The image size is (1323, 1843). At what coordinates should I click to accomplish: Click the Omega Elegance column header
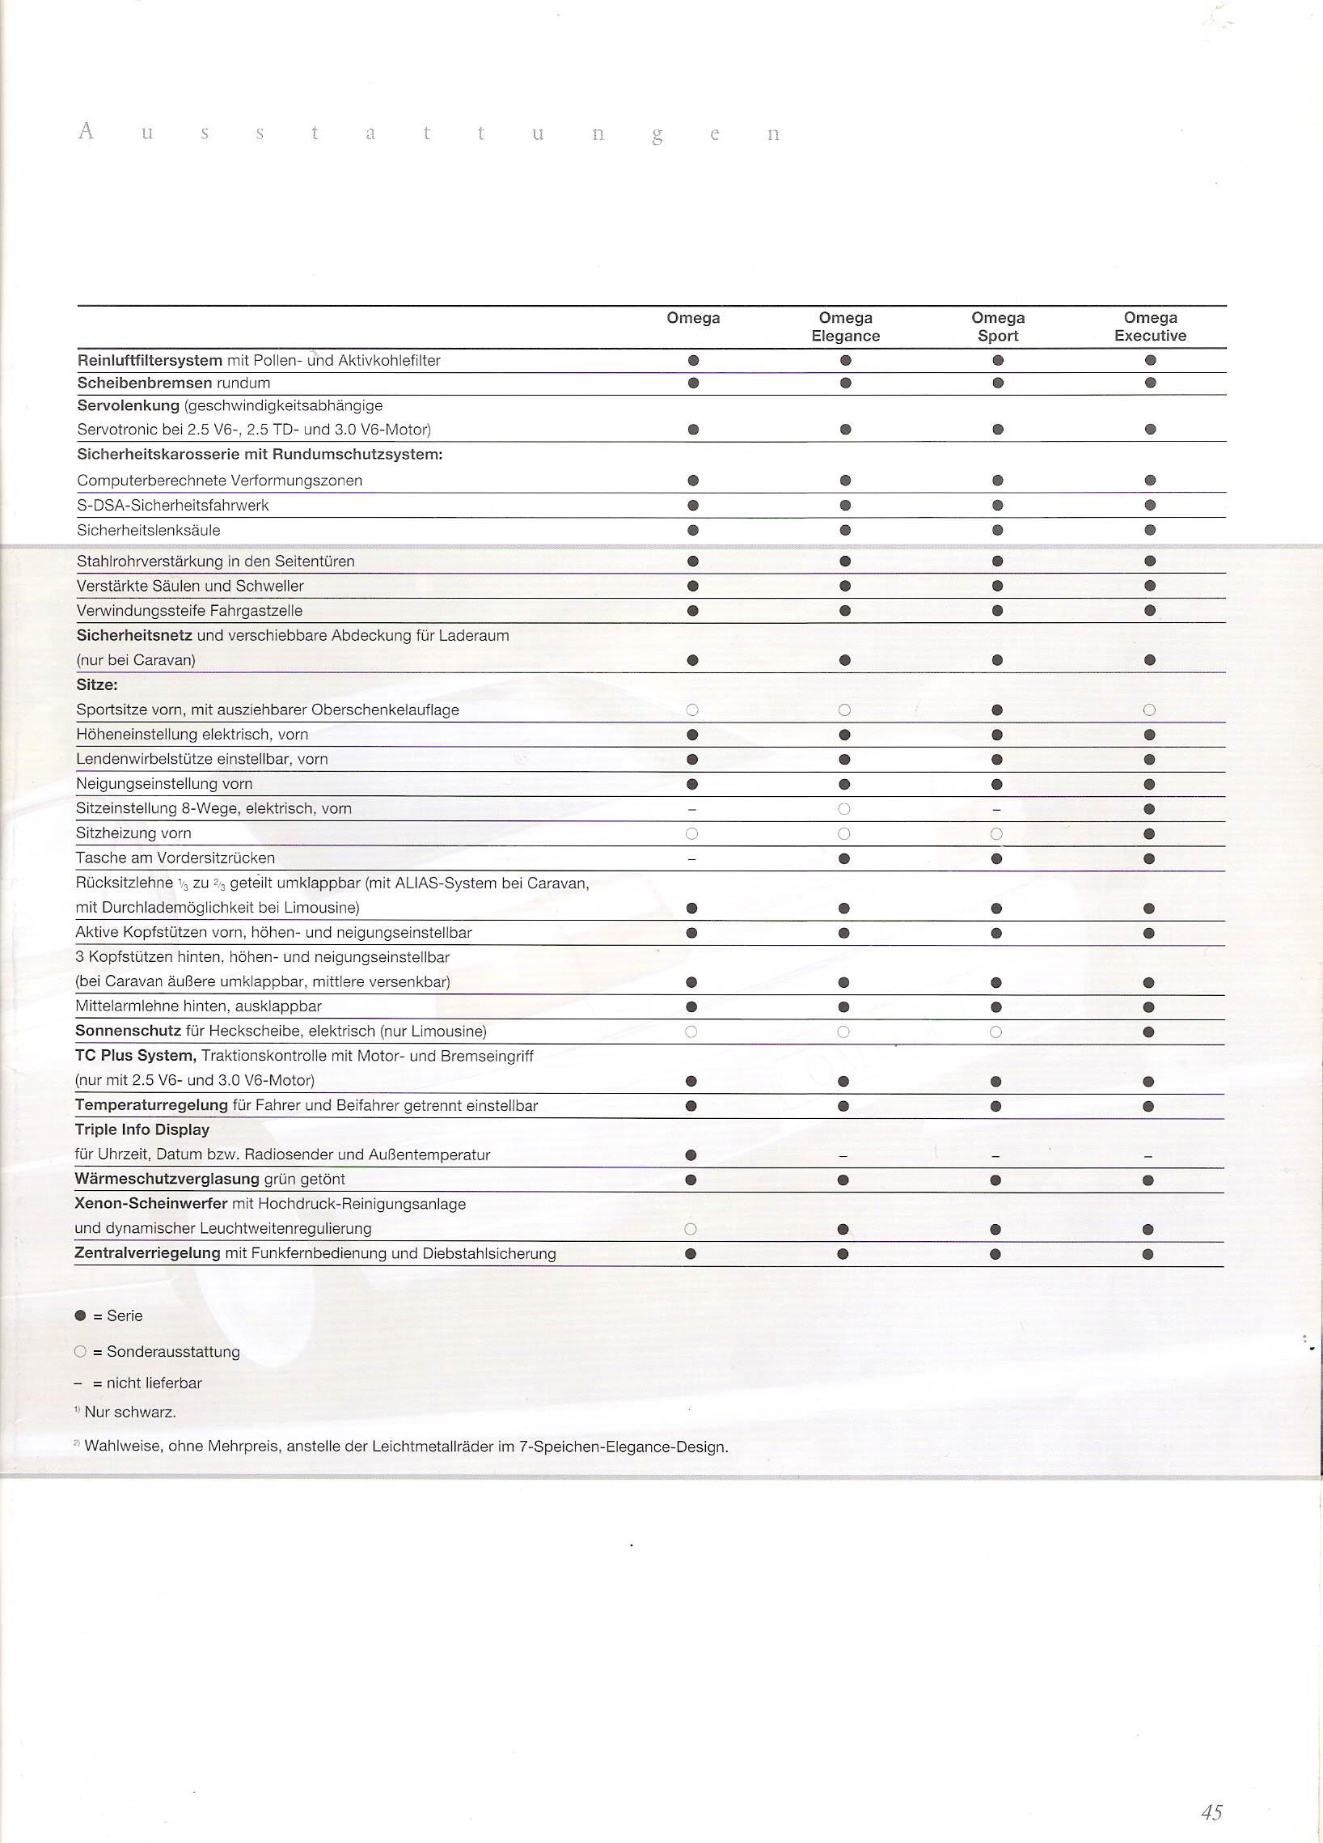point(845,327)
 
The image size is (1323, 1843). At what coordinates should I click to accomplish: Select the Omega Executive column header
point(1150,327)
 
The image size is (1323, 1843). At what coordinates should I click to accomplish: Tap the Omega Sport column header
point(997,327)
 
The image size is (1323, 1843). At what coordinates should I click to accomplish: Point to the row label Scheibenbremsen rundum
point(174,383)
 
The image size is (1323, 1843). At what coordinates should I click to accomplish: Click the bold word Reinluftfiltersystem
point(150,360)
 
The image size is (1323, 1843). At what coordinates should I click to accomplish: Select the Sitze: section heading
point(97,685)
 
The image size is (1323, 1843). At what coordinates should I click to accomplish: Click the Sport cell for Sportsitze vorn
point(996,710)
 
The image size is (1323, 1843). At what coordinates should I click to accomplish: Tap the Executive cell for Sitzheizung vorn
point(1148,834)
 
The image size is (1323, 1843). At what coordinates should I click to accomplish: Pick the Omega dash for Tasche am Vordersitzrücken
point(692,859)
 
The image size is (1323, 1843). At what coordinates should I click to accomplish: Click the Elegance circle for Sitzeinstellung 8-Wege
point(843,809)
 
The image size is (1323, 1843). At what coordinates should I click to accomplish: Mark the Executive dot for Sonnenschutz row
point(1148,1032)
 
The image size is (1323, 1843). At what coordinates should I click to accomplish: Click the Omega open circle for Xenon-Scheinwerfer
point(691,1230)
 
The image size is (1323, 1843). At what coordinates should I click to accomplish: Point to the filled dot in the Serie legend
point(79,1316)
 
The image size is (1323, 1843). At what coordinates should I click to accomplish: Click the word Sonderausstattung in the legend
point(173,1352)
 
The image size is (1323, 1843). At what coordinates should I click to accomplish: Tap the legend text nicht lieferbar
point(154,1383)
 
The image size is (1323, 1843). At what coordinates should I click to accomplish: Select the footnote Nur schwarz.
point(130,1413)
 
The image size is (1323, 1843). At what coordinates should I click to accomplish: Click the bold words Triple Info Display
point(142,1129)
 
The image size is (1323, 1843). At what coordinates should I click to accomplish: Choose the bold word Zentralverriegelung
point(148,1253)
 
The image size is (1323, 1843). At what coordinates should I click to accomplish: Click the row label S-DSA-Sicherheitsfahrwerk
point(173,506)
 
